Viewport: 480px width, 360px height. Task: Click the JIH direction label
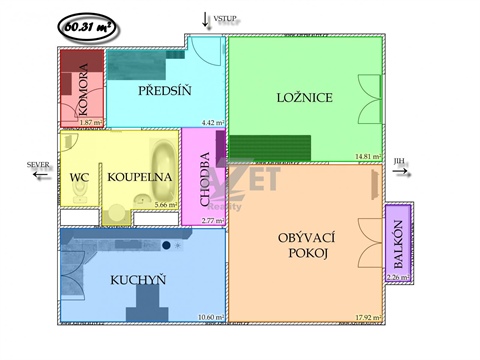(400, 160)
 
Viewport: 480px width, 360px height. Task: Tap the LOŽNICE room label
(304, 97)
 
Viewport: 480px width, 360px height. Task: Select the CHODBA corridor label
(205, 178)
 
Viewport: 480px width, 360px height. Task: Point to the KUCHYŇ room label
(138, 279)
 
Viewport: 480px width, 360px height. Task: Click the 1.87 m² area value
(91, 122)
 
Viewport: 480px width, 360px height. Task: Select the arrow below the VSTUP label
(206, 19)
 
